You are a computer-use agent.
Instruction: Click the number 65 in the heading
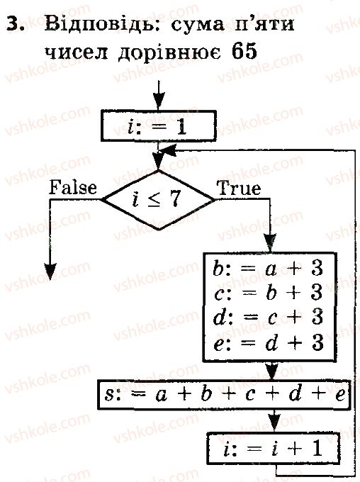244,51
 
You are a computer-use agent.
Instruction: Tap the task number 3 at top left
16,23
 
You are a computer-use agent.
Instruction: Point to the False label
73,187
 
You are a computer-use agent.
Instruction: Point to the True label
240,188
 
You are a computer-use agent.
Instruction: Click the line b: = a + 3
268,269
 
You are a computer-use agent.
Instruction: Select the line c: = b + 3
268,293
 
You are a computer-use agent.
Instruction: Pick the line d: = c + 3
268,318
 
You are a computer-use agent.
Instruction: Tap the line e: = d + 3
268,343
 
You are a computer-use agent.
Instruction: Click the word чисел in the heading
77,52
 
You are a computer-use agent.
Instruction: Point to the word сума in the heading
198,26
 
